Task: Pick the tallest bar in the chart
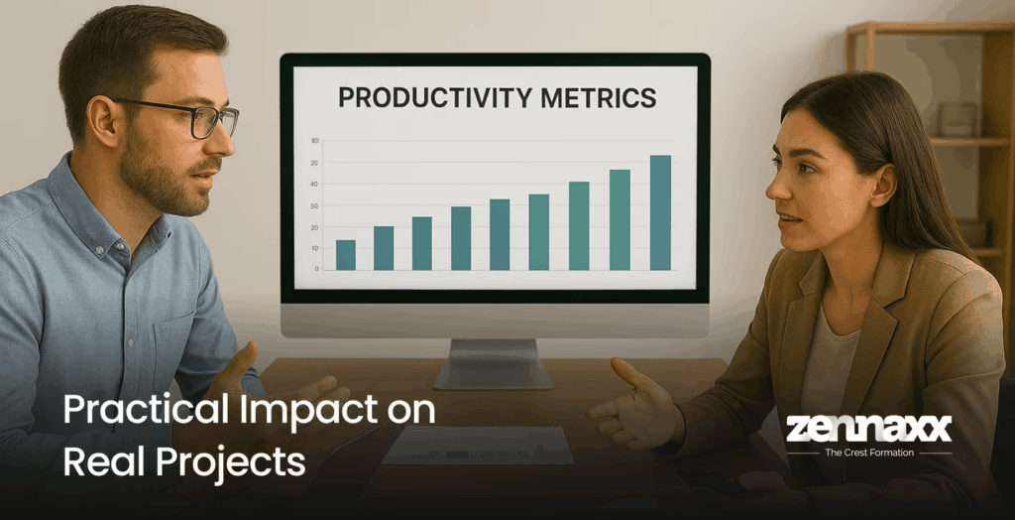point(660,212)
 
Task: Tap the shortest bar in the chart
point(345,255)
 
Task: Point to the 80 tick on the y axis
point(314,141)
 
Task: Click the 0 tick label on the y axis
point(316,269)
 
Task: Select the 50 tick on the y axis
point(314,205)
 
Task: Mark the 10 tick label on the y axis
point(314,248)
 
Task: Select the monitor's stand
point(493,362)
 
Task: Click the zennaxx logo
point(868,428)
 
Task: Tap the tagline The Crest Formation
point(868,453)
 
